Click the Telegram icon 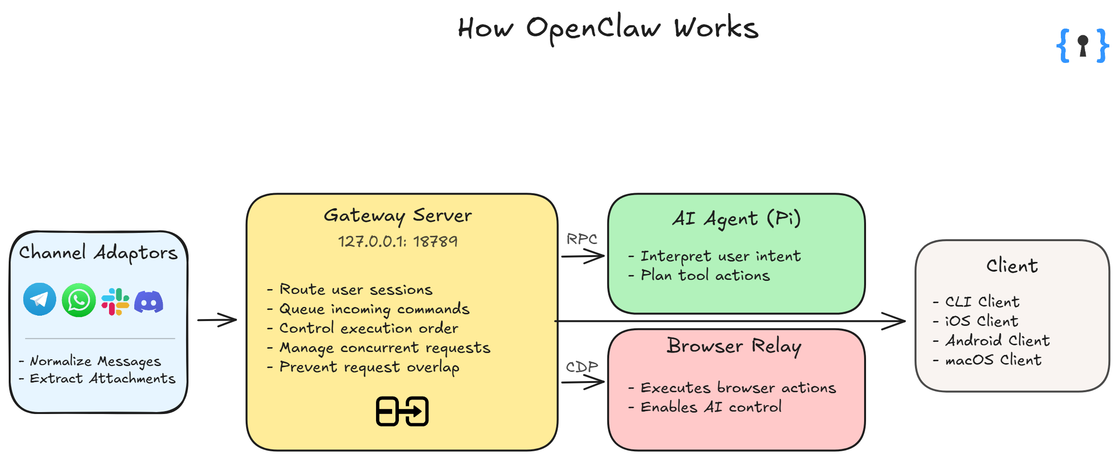click(39, 299)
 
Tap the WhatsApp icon click(79, 300)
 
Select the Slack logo click(115, 302)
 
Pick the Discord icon click(148, 302)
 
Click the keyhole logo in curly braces click(1082, 46)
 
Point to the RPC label click(582, 239)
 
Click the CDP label click(582, 367)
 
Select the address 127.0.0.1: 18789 click(397, 241)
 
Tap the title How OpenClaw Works click(608, 28)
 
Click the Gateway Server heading click(397, 215)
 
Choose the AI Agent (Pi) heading click(736, 219)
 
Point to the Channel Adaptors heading click(98, 253)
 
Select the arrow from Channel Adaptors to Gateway click(217, 320)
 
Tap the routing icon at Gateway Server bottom click(402, 412)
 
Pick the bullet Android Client click(997, 340)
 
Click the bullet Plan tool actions click(705, 276)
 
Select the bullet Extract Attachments click(102, 379)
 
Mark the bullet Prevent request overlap click(369, 368)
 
